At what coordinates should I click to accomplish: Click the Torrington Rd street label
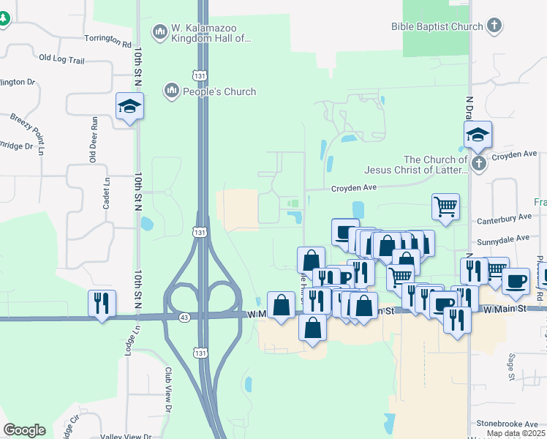107,44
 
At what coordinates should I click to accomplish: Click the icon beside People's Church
172,91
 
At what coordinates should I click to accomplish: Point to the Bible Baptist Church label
437,26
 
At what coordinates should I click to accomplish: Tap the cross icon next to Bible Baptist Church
494,26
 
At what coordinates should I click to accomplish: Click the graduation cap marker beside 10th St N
130,107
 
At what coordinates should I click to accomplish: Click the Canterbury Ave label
504,217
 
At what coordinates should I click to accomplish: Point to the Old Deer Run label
93,140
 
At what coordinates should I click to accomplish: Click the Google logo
24,430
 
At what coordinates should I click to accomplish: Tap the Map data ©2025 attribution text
516,433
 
